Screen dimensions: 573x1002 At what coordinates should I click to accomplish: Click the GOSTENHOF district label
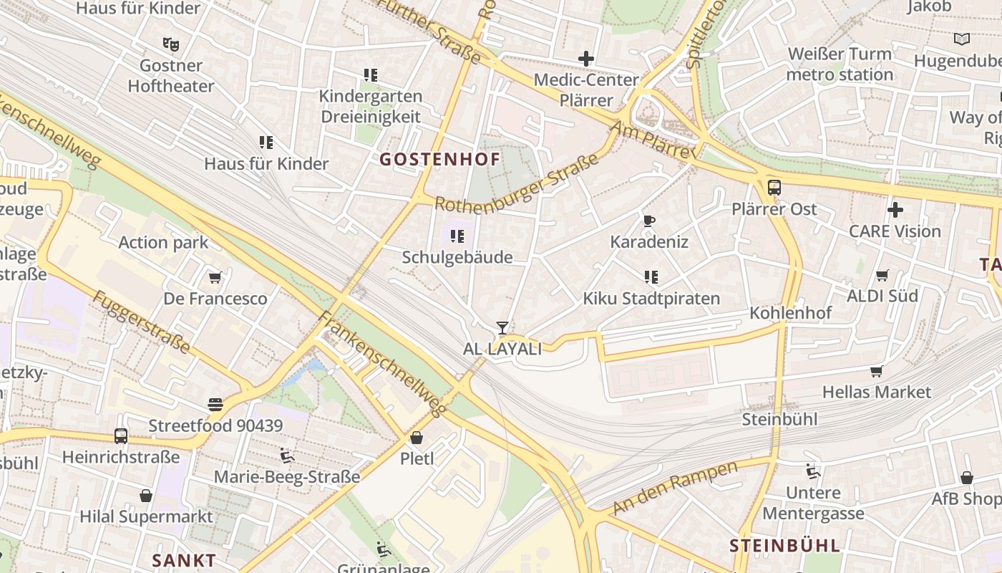pos(439,159)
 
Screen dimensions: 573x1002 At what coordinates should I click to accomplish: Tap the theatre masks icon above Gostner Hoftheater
pos(170,44)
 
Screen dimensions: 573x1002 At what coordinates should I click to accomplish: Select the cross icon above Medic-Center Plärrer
pos(586,59)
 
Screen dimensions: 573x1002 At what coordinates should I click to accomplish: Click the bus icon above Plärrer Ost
pos(774,188)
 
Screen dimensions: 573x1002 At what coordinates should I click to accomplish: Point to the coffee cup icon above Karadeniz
pos(649,221)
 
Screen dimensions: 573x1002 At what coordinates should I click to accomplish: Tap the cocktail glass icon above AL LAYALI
pos(502,328)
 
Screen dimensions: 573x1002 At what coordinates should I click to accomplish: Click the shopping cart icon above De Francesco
pos(214,277)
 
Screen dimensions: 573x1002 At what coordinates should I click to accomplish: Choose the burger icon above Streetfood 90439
pos(215,405)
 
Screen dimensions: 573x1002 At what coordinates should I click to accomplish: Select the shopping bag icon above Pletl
pos(417,438)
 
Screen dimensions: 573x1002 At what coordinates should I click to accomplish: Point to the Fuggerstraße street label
pos(142,322)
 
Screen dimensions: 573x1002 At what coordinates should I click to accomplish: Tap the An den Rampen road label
pos(676,488)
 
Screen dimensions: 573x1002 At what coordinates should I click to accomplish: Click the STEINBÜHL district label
pos(784,546)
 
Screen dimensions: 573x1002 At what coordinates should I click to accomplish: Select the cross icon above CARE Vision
pos(895,210)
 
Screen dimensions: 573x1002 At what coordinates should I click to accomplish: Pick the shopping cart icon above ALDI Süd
pos(882,276)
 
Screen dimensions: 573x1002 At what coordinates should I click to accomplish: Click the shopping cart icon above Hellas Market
pos(876,371)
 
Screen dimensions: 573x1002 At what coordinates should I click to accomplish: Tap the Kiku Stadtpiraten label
pos(651,299)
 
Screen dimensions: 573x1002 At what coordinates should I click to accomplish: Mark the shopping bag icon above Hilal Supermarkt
pos(146,495)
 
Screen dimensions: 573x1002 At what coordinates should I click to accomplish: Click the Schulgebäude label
pos(457,257)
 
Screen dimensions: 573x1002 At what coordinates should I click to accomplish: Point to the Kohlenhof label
pos(790,313)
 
